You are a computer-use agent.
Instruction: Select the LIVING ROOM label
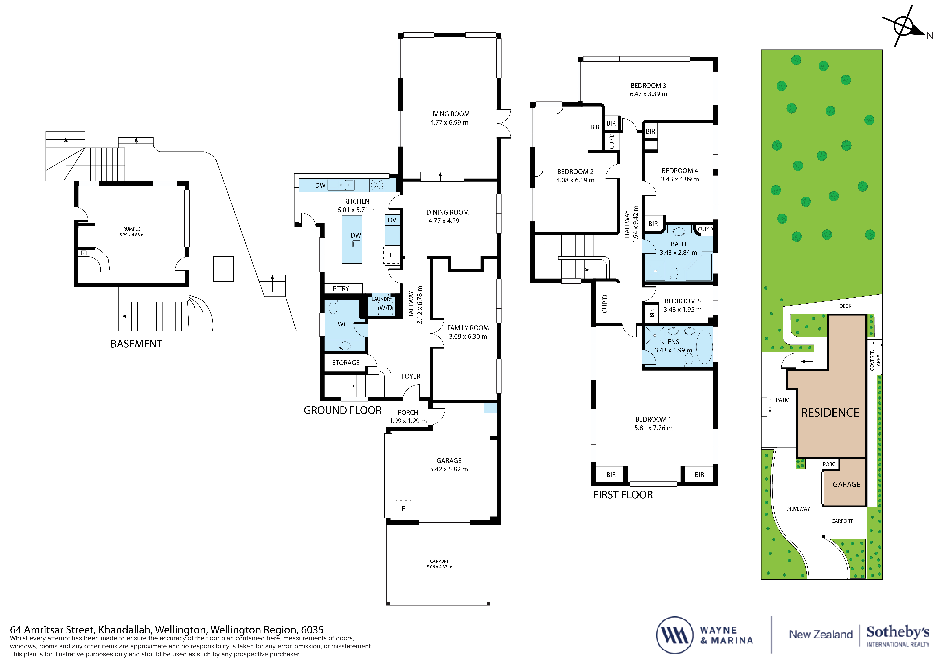449,114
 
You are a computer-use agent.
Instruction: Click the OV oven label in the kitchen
392,220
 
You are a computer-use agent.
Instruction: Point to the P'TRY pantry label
341,288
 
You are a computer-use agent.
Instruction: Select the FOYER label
411,376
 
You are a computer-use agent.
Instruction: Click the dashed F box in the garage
403,508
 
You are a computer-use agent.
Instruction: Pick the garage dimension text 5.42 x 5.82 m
449,469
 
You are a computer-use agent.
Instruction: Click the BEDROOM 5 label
682,301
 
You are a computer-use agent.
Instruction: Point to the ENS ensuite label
673,342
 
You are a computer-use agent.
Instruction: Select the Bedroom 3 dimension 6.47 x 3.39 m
648,94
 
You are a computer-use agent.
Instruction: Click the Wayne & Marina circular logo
675,635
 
